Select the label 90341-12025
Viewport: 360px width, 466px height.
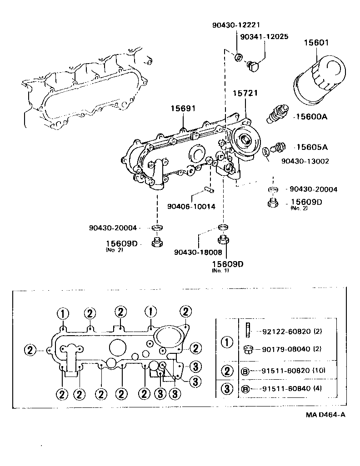pyautogui.click(x=264, y=36)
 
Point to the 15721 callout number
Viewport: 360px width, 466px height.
pyautogui.click(x=245, y=94)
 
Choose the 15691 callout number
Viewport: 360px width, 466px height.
pyautogui.click(x=183, y=109)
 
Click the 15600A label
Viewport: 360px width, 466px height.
pyautogui.click(x=311, y=117)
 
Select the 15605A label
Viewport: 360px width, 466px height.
pyautogui.click(x=312, y=147)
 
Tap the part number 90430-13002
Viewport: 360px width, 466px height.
pyautogui.click(x=305, y=161)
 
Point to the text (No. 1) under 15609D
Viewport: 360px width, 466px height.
pyautogui.click(x=220, y=270)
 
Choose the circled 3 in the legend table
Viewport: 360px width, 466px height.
pyautogui.click(x=226, y=389)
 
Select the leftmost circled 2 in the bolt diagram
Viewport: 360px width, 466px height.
pyautogui.click(x=30, y=350)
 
